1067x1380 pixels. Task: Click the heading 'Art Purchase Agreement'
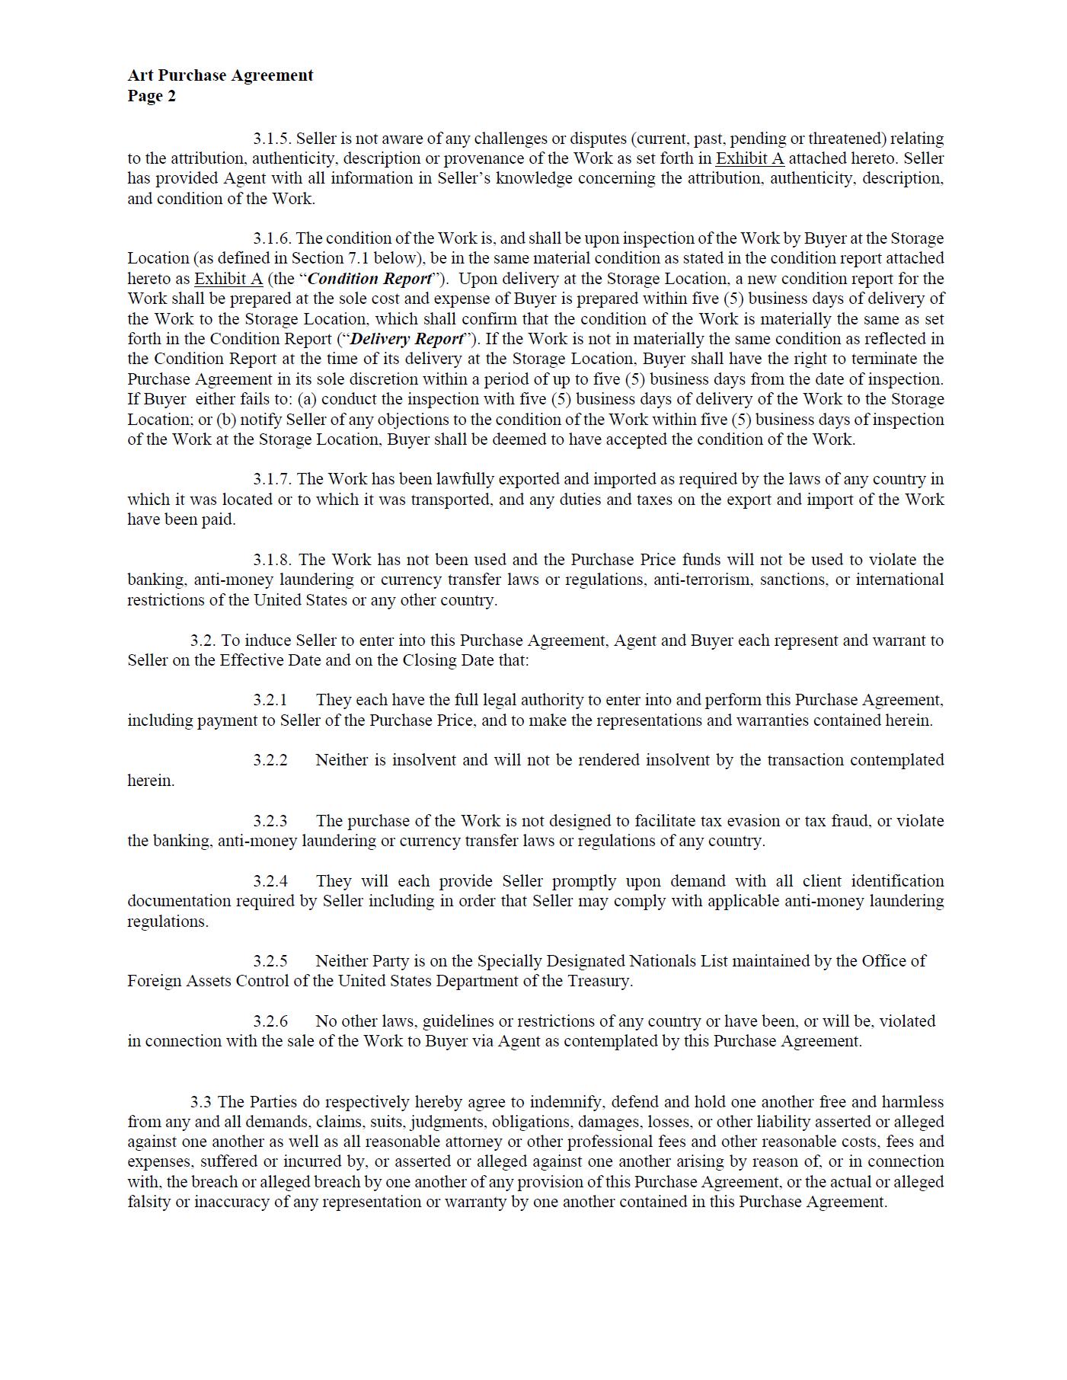(x=220, y=75)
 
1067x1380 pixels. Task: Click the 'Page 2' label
(x=152, y=96)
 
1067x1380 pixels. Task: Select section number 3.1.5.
(x=272, y=139)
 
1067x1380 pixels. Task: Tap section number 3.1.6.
(x=272, y=238)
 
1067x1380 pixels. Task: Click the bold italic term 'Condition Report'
(x=369, y=279)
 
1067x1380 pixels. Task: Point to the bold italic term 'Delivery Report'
(x=407, y=339)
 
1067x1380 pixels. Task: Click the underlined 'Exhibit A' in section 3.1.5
(x=749, y=158)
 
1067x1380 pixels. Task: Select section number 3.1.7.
(x=272, y=479)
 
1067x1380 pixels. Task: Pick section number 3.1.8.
(x=272, y=560)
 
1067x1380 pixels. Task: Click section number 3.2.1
(x=270, y=700)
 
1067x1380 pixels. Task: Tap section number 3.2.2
(x=270, y=760)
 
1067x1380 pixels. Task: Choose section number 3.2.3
(x=270, y=821)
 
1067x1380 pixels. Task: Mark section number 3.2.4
(x=270, y=881)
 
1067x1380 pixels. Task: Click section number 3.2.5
(x=270, y=961)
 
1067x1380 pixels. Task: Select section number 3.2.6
(x=270, y=1021)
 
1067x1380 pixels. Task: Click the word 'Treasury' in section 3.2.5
(x=601, y=981)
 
